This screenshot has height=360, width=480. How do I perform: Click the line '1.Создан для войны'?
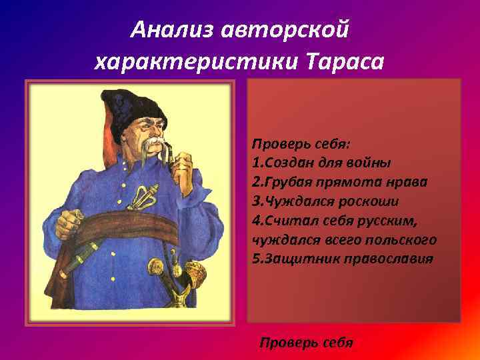[321, 162]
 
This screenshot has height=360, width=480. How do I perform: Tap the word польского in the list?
[401, 239]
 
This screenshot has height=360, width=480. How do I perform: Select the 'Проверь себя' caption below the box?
[306, 343]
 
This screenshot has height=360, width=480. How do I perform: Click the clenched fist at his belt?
[67, 225]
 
